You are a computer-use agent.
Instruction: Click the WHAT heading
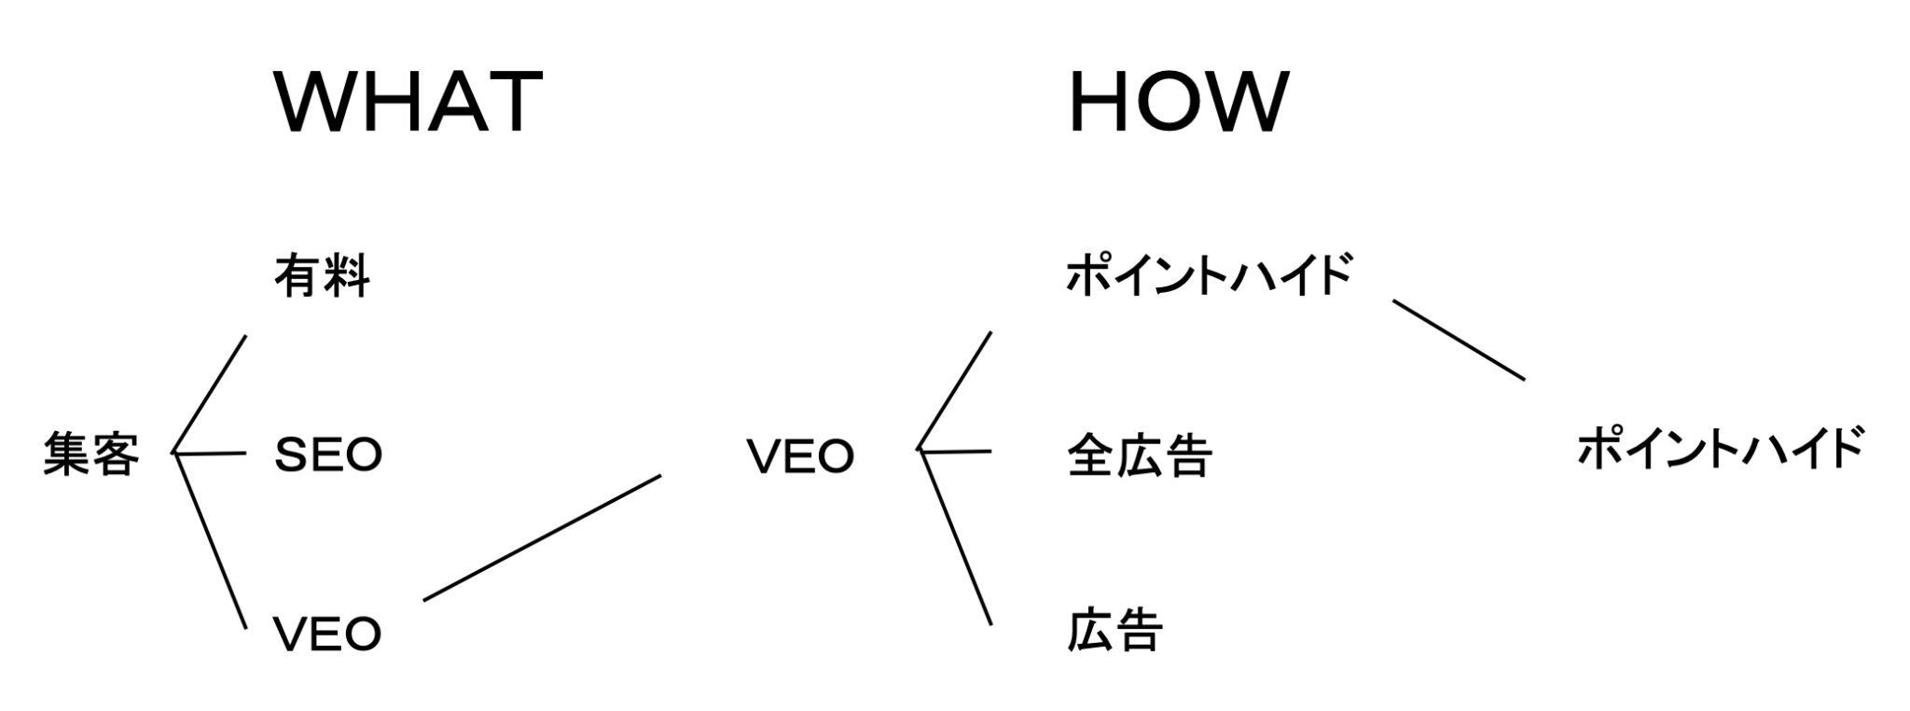pos(408,102)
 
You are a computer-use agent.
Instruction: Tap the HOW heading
pos(1178,102)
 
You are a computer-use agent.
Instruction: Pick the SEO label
pos(328,455)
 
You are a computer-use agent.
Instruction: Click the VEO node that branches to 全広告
pos(800,456)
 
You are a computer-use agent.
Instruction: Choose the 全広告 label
pos(1139,456)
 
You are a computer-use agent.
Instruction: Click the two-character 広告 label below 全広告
pos(1114,631)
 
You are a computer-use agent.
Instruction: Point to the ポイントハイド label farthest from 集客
pos(1720,449)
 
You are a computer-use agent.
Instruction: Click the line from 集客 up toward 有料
pos(211,393)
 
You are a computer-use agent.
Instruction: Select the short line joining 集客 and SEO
pos(211,453)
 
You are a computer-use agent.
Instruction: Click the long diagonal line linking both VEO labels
pos(542,537)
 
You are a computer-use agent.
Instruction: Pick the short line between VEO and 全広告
pos(956,452)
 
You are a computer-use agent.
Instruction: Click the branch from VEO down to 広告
pos(956,537)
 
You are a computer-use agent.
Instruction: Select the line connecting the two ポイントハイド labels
pos(1459,341)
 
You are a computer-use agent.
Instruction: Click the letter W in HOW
pos(1250,102)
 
